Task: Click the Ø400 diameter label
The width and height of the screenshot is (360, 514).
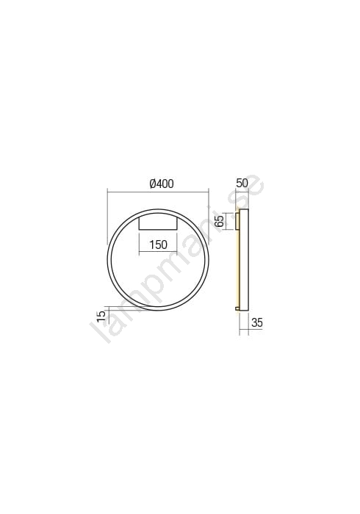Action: click(x=161, y=184)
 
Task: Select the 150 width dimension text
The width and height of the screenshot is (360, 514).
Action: click(x=158, y=245)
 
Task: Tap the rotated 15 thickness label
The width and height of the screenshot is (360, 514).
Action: click(x=101, y=315)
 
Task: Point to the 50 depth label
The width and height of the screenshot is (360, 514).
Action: click(x=242, y=183)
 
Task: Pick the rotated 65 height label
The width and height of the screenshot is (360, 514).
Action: click(x=220, y=220)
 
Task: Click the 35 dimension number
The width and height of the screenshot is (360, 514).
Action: click(x=257, y=322)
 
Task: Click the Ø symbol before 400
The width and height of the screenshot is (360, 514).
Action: click(x=152, y=184)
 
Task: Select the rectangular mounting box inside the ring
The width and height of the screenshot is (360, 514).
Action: click(x=158, y=223)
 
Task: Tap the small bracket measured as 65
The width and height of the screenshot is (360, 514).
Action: click(x=237, y=221)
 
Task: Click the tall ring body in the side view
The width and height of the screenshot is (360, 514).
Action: click(x=244, y=259)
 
